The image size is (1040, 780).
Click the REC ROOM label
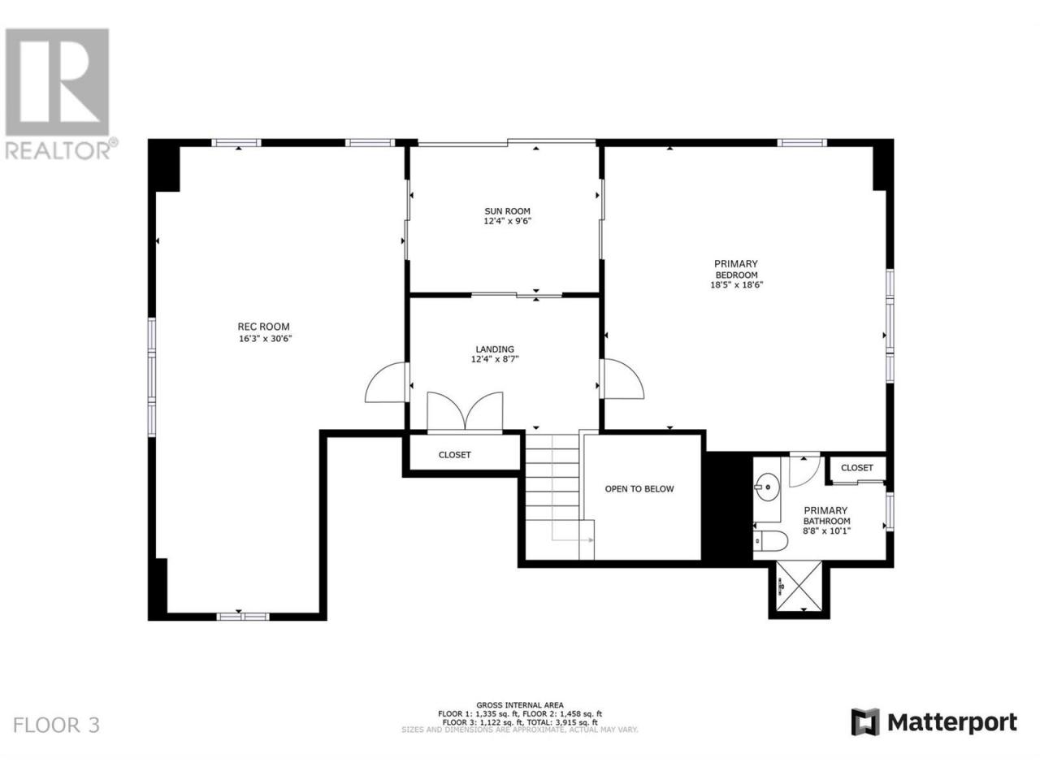click(x=263, y=327)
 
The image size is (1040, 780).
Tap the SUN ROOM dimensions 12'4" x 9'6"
click(x=507, y=221)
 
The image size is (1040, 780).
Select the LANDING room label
click(x=495, y=349)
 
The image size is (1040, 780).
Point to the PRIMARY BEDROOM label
click(x=736, y=269)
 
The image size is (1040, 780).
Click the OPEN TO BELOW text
click(x=639, y=489)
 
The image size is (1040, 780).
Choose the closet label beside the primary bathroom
click(x=856, y=468)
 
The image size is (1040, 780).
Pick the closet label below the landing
click(x=454, y=455)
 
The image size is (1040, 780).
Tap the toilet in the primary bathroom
click(x=770, y=540)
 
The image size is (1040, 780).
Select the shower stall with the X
click(x=799, y=589)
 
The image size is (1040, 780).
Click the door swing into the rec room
click(x=386, y=383)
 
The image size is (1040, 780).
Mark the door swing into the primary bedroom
click(x=622, y=379)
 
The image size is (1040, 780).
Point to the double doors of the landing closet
click(x=465, y=411)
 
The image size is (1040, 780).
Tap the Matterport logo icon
click(x=865, y=735)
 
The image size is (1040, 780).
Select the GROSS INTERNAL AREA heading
click(x=520, y=718)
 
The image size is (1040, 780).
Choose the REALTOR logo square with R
click(x=58, y=82)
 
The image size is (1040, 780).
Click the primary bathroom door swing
click(x=804, y=470)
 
